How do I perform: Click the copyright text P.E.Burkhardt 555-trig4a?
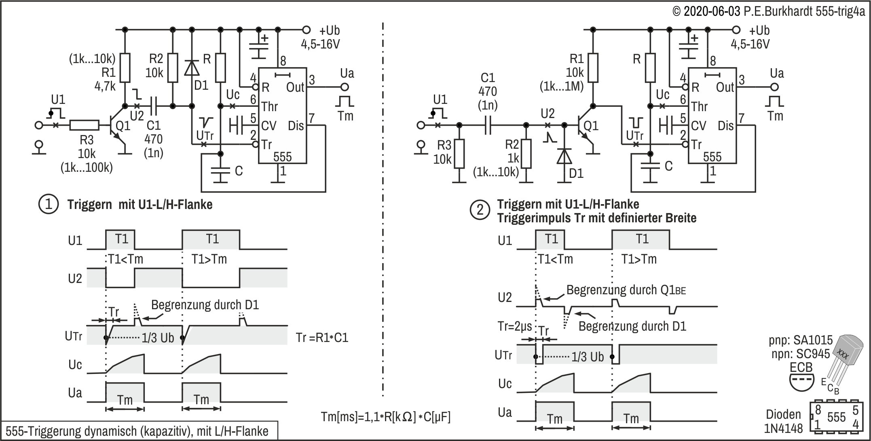click(769, 11)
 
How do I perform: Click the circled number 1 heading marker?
click(49, 204)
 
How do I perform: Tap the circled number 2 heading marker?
click(480, 211)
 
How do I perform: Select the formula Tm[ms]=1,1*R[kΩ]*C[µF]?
click(385, 416)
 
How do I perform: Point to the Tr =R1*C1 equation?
click(322, 338)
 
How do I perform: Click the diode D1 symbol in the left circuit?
click(192, 68)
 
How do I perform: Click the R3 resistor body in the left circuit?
click(84, 125)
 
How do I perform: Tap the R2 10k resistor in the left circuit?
click(173, 68)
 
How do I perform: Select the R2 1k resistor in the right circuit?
click(526, 154)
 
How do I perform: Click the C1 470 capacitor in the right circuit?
click(488, 125)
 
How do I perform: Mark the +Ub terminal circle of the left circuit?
click(307, 30)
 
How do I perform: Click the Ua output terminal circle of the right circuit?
click(774, 87)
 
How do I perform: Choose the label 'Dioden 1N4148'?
click(783, 421)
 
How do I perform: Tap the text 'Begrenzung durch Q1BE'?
click(626, 290)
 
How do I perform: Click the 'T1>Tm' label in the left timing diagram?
click(209, 259)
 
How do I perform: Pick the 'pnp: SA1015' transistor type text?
click(801, 340)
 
